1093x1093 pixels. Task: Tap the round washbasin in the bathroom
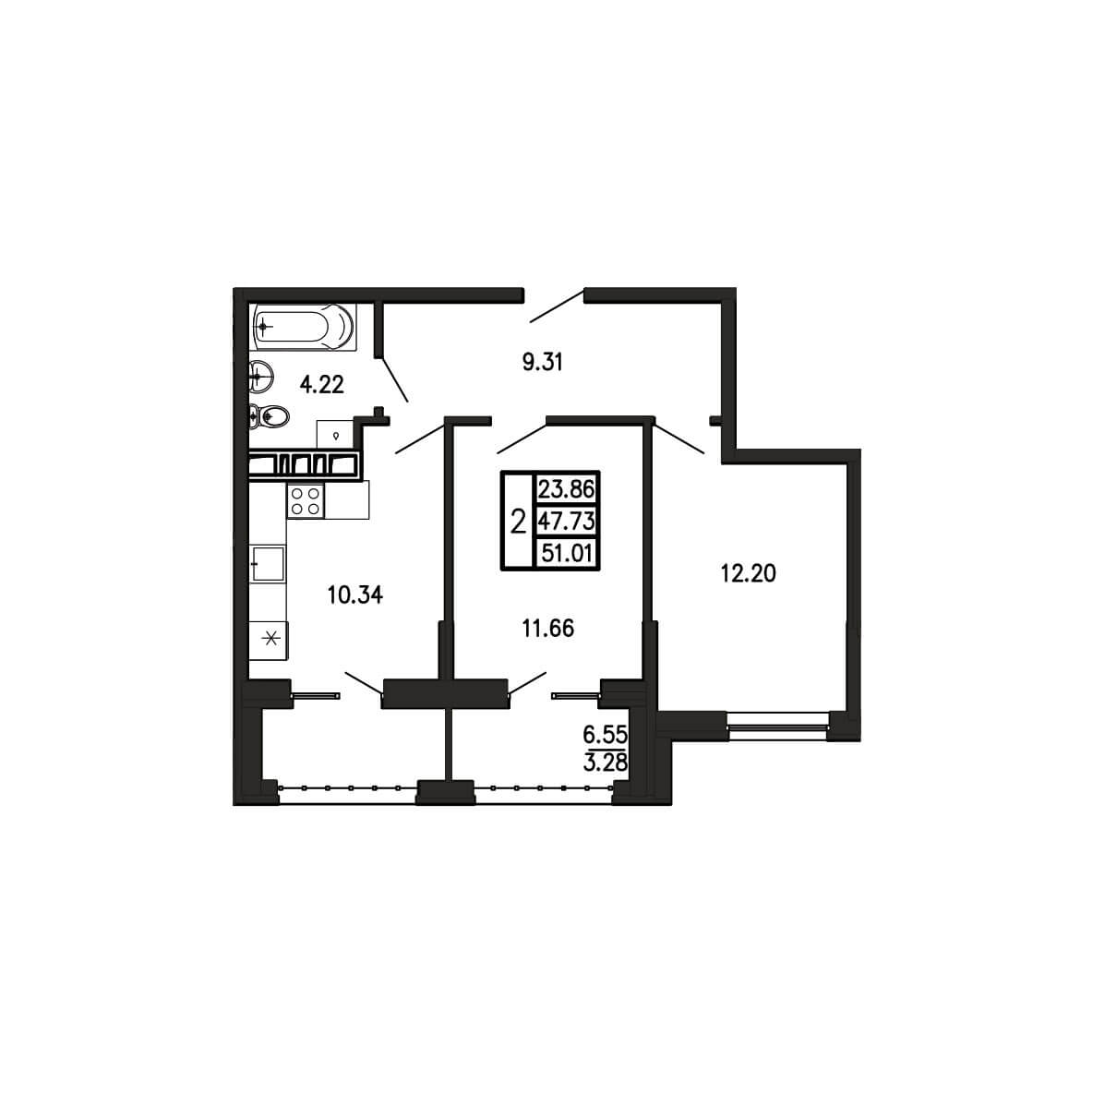[261, 378]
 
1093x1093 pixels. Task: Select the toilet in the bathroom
[269, 417]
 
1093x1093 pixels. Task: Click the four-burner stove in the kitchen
[306, 499]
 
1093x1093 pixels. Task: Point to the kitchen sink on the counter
[268, 564]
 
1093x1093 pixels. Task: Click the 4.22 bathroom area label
[322, 384]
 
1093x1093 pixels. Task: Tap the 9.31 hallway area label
[542, 362]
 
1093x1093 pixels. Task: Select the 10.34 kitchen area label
[355, 595]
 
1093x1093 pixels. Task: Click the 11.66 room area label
[548, 628]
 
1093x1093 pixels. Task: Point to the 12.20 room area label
[748, 573]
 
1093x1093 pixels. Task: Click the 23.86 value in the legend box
[566, 488]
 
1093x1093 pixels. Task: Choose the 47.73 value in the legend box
[566, 521]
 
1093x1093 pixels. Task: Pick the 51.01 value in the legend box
[567, 554]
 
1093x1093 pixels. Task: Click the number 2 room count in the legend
[518, 521]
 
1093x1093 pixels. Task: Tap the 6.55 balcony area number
[605, 734]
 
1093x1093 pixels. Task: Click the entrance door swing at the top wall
[557, 306]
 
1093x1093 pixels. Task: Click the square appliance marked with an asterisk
[269, 639]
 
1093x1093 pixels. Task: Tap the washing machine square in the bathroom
[335, 436]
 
